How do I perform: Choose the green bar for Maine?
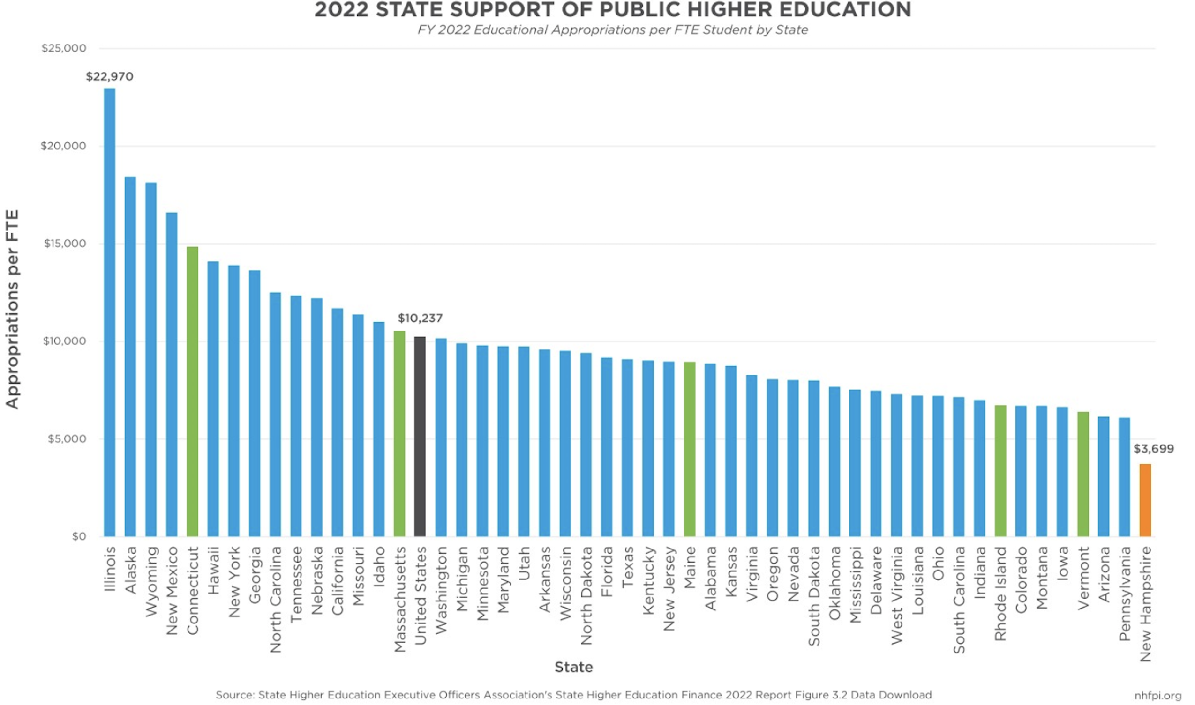(689, 449)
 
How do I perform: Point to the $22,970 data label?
(109, 76)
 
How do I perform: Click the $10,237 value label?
(420, 318)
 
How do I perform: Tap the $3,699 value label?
(1153, 448)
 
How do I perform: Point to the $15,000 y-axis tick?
(65, 244)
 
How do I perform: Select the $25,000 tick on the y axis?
(64, 48)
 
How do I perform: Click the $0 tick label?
(79, 536)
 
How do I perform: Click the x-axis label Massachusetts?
(400, 599)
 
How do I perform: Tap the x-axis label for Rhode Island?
(1000, 594)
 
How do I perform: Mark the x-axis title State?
(573, 667)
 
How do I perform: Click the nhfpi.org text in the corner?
(1157, 696)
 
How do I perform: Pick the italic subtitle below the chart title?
(612, 30)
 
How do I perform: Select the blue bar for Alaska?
(130, 356)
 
